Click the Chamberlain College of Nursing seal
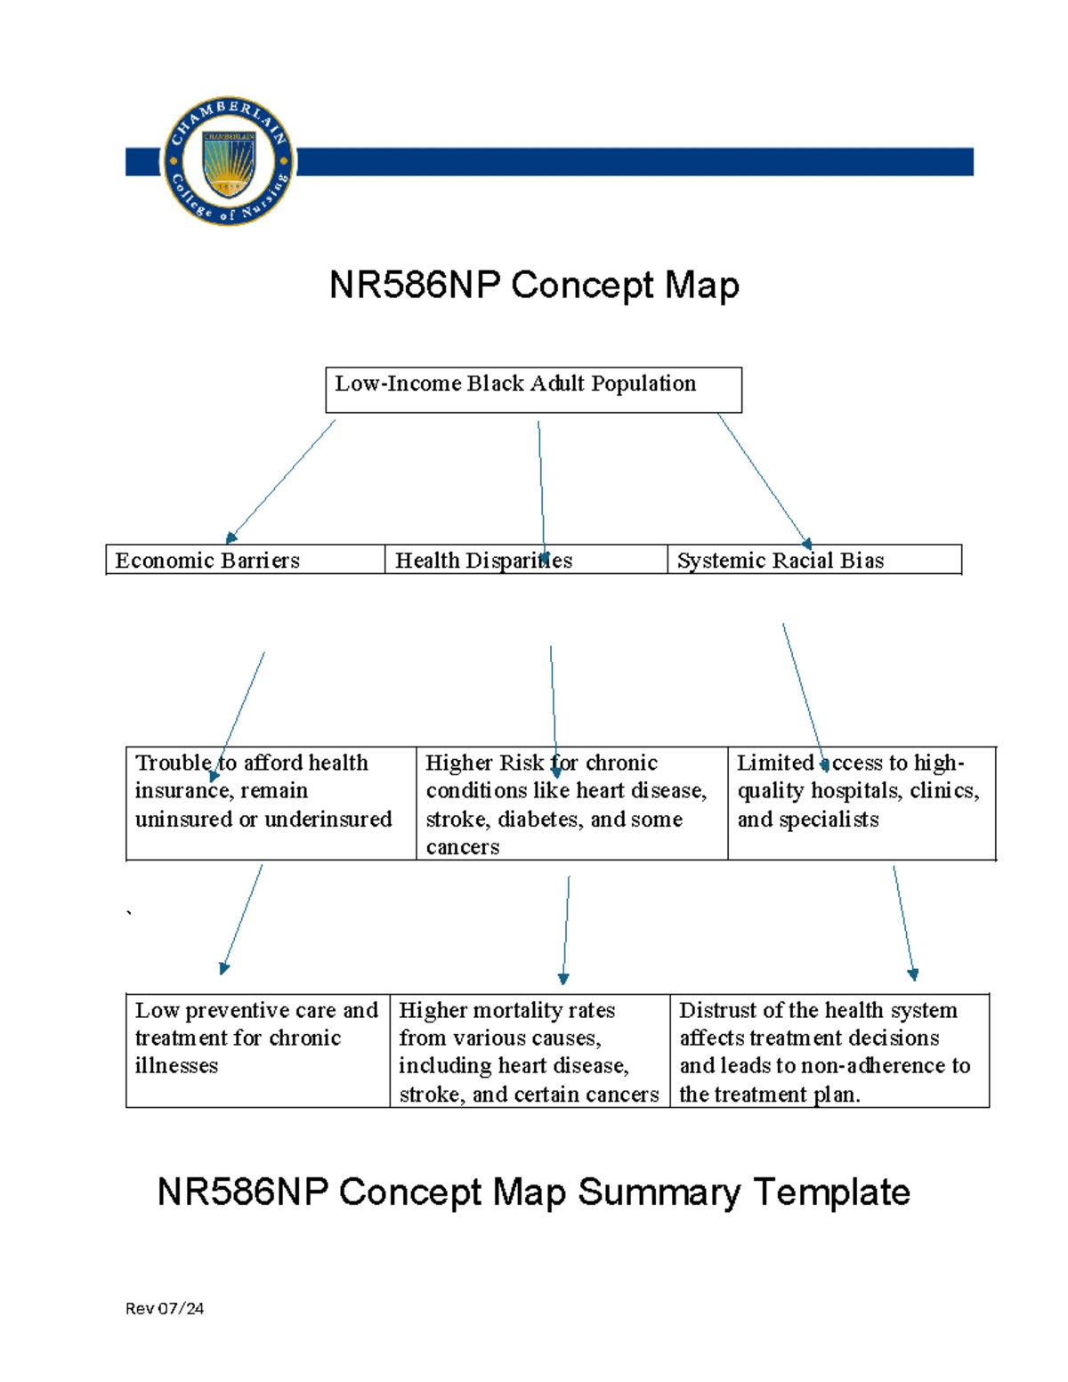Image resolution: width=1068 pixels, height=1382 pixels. point(228,161)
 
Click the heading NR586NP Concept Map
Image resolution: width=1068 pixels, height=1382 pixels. point(534,286)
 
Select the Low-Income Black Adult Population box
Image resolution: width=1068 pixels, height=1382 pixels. point(533,390)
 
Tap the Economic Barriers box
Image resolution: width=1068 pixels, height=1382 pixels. point(245,560)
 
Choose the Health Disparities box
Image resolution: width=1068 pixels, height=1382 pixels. point(525,560)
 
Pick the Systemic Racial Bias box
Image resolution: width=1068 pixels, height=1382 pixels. point(813,560)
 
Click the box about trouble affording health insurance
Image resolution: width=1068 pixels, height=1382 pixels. point(271,803)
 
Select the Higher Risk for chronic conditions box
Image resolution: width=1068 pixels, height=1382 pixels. point(571,803)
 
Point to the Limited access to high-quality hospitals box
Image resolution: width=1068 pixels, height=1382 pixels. point(861,803)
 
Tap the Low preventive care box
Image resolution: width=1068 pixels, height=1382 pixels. point(257,1050)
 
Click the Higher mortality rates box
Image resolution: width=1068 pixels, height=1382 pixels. point(529,1050)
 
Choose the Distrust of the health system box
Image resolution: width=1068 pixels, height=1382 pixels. point(829,1050)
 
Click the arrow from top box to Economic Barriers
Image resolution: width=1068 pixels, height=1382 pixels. point(281,480)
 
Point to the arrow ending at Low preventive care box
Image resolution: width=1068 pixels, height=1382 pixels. point(242,918)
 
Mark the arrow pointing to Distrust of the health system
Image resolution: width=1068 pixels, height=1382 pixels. point(903,922)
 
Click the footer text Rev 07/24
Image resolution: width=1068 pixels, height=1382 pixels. point(165,1308)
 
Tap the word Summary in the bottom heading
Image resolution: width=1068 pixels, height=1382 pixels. point(659,1192)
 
